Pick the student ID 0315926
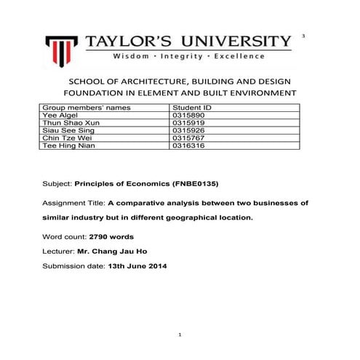point(185,131)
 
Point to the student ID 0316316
point(185,146)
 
